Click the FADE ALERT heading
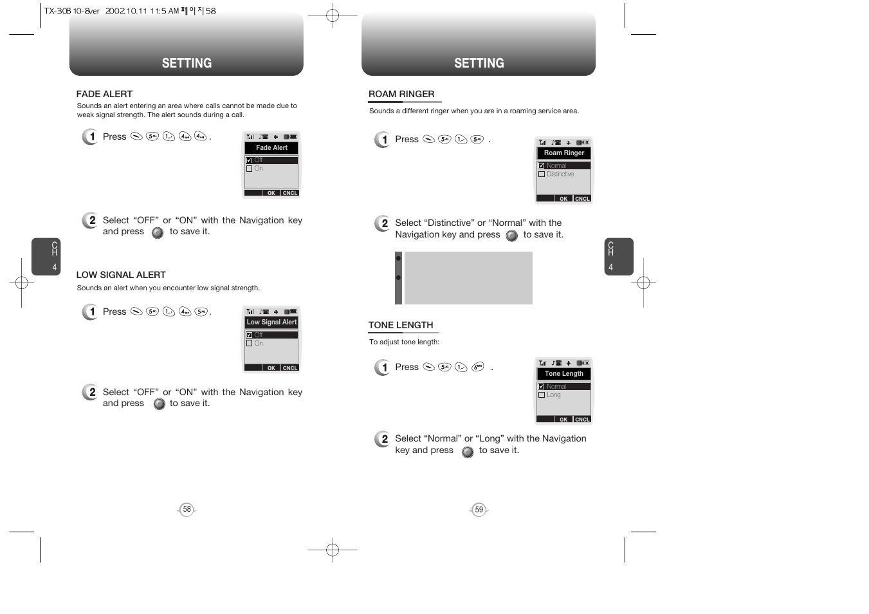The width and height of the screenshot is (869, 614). pos(104,94)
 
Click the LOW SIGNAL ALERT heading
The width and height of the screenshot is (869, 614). pos(121,275)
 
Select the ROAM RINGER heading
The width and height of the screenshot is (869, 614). pos(401,94)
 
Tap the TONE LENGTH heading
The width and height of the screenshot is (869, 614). pos(401,325)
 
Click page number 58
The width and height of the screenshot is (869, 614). pos(187,510)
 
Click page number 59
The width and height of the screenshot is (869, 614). pos(479,510)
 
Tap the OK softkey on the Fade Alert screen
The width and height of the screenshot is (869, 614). pos(271,193)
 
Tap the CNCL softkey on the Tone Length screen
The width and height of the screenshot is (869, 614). pos(582,420)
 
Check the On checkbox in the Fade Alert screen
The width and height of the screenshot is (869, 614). pos(250,169)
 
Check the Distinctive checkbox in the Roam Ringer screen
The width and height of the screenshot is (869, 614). pos(542,174)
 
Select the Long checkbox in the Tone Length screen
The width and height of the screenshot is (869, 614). pos(542,395)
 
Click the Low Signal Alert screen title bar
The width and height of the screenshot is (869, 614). pos(271,322)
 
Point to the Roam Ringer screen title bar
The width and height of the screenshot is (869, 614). pos(564,153)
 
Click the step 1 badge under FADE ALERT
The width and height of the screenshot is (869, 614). pos(91,136)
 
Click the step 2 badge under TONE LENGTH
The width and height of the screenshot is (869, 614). pos(383,439)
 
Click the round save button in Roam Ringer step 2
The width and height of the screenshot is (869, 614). pos(512,236)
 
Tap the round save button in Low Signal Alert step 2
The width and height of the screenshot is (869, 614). pos(160,404)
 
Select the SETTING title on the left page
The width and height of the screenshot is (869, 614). pos(187,63)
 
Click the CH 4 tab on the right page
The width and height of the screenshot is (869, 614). pos(619,257)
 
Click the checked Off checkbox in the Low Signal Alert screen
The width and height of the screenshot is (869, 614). pos(250,335)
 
